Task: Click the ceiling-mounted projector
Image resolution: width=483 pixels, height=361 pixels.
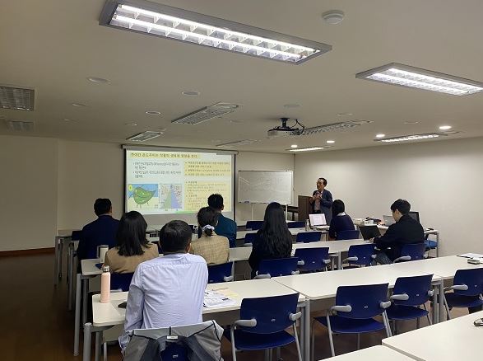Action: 285,129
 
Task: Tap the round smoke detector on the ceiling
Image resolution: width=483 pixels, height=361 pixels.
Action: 333,16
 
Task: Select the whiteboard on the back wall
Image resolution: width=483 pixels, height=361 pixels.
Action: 264,187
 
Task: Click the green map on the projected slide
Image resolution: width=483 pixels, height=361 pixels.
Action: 142,195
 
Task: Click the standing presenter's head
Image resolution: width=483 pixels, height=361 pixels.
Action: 320,183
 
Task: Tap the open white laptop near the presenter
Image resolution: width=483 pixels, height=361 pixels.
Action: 318,220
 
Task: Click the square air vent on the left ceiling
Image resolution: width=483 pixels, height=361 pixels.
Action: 16,98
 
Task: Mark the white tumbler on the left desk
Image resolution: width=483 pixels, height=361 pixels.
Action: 103,253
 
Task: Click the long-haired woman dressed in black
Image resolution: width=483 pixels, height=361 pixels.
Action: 271,237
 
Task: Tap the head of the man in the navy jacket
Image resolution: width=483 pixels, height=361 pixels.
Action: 103,206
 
